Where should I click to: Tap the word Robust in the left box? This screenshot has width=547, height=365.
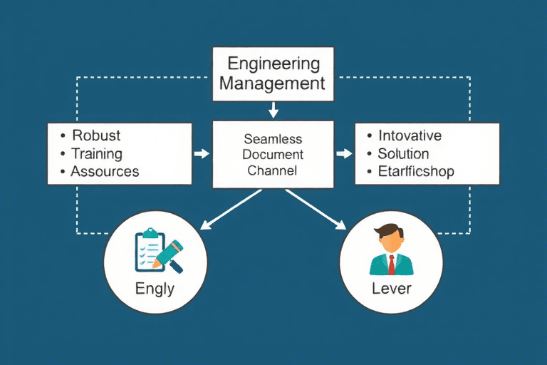[x=95, y=135]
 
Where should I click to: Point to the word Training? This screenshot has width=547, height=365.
[x=96, y=153]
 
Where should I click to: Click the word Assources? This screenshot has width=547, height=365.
[x=105, y=171]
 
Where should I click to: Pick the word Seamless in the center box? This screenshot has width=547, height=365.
[x=273, y=139]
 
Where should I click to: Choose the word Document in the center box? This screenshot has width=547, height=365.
[x=273, y=155]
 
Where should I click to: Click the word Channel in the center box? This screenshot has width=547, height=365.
[x=273, y=170]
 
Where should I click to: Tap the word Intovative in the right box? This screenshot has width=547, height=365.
[x=410, y=135]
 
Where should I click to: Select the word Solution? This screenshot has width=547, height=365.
[x=403, y=153]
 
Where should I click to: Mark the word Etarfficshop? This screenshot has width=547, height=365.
[x=416, y=171]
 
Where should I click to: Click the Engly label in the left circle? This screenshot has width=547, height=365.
[x=155, y=289]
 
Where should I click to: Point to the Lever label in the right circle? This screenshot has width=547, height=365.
[x=392, y=289]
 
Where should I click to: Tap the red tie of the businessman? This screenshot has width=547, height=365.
[x=391, y=264]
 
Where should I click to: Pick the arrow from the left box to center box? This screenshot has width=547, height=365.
[x=202, y=153]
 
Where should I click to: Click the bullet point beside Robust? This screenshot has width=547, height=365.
[x=64, y=136]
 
